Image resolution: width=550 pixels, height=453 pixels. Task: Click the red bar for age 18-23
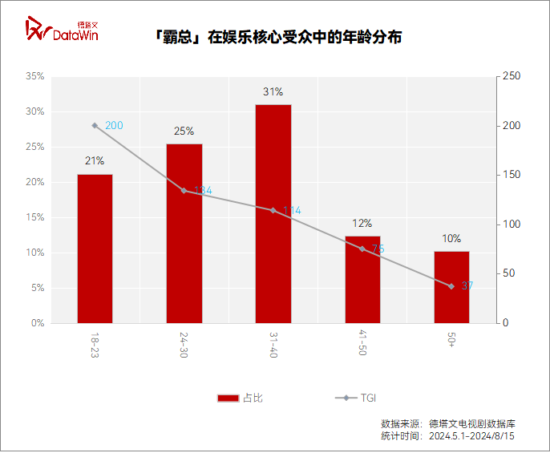pos(95,249)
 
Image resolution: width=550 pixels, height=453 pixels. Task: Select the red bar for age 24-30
pos(184,233)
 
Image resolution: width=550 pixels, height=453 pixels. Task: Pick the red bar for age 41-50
pos(362,280)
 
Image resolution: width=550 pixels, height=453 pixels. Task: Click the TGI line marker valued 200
pos(95,126)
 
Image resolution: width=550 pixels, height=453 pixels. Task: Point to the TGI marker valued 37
pos(451,286)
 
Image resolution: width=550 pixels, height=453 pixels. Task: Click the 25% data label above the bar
pos(184,131)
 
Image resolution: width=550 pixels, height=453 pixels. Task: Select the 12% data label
pos(362,224)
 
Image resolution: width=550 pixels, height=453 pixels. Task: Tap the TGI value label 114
pos(292,211)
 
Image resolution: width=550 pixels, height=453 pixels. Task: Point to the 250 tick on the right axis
pos(512,76)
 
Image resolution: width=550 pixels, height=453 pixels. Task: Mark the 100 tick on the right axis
pos(512,224)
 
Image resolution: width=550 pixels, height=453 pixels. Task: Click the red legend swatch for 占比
pos(228,398)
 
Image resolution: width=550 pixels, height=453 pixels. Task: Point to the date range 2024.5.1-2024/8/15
pos(471,436)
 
